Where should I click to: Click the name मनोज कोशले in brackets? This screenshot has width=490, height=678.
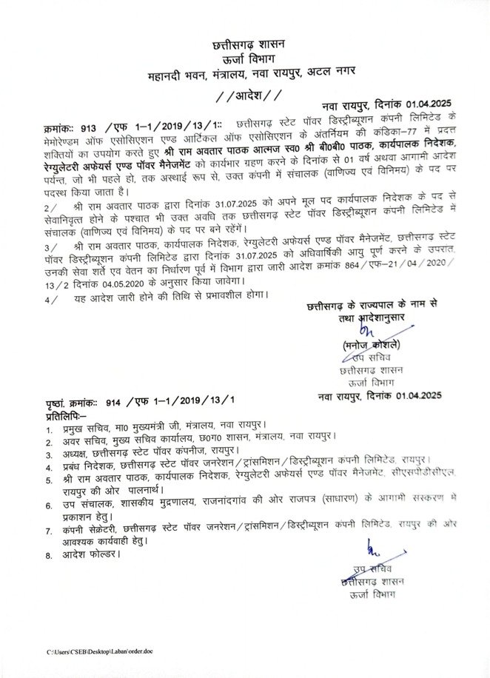point(371,346)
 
